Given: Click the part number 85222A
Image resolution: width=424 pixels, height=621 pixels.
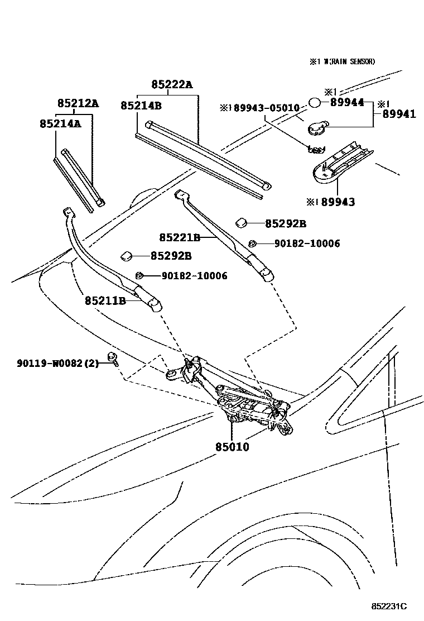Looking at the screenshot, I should click(172, 85).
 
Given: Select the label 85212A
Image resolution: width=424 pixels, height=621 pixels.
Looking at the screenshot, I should click(78, 103).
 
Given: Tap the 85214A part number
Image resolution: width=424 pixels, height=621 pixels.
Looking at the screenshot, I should click(60, 123).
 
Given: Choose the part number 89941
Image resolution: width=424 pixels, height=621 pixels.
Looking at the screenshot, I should click(399, 114).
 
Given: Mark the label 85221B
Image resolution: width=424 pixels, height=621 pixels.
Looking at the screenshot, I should click(180, 238).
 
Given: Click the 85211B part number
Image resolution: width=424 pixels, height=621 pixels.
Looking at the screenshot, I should click(105, 300).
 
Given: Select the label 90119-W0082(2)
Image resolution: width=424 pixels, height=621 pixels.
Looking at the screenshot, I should click(57, 364).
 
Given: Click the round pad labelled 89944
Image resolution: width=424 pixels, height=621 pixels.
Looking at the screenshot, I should click(315, 103).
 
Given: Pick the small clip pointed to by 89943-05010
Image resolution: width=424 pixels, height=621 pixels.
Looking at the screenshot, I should click(316, 149).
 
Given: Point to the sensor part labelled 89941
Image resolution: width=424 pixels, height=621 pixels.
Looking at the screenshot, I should click(316, 128).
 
